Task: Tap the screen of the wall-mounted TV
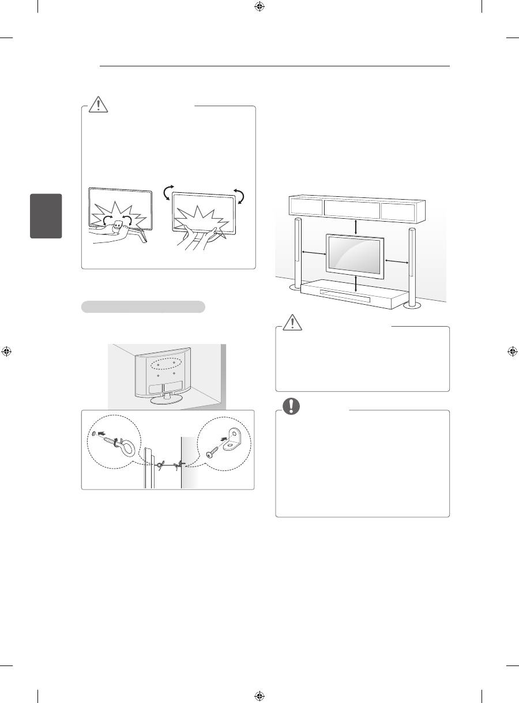pyautogui.click(x=356, y=256)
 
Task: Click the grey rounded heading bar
pyautogui.click(x=143, y=306)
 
